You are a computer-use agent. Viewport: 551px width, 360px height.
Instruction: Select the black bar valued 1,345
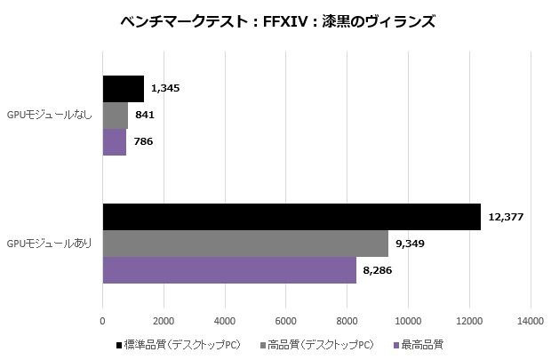123,89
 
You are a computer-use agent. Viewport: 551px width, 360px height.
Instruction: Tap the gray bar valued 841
116,116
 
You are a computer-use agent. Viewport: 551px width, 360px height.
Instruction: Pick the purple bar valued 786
115,142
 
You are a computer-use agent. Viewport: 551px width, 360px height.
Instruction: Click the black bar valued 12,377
291,217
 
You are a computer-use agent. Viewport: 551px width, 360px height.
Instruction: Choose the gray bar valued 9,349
245,244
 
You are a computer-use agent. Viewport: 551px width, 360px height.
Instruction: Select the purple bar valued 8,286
229,270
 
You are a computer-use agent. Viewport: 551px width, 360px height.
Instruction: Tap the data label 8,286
378,270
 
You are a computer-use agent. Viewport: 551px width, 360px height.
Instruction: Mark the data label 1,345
166,89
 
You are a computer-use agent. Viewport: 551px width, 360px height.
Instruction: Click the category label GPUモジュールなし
50,116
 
